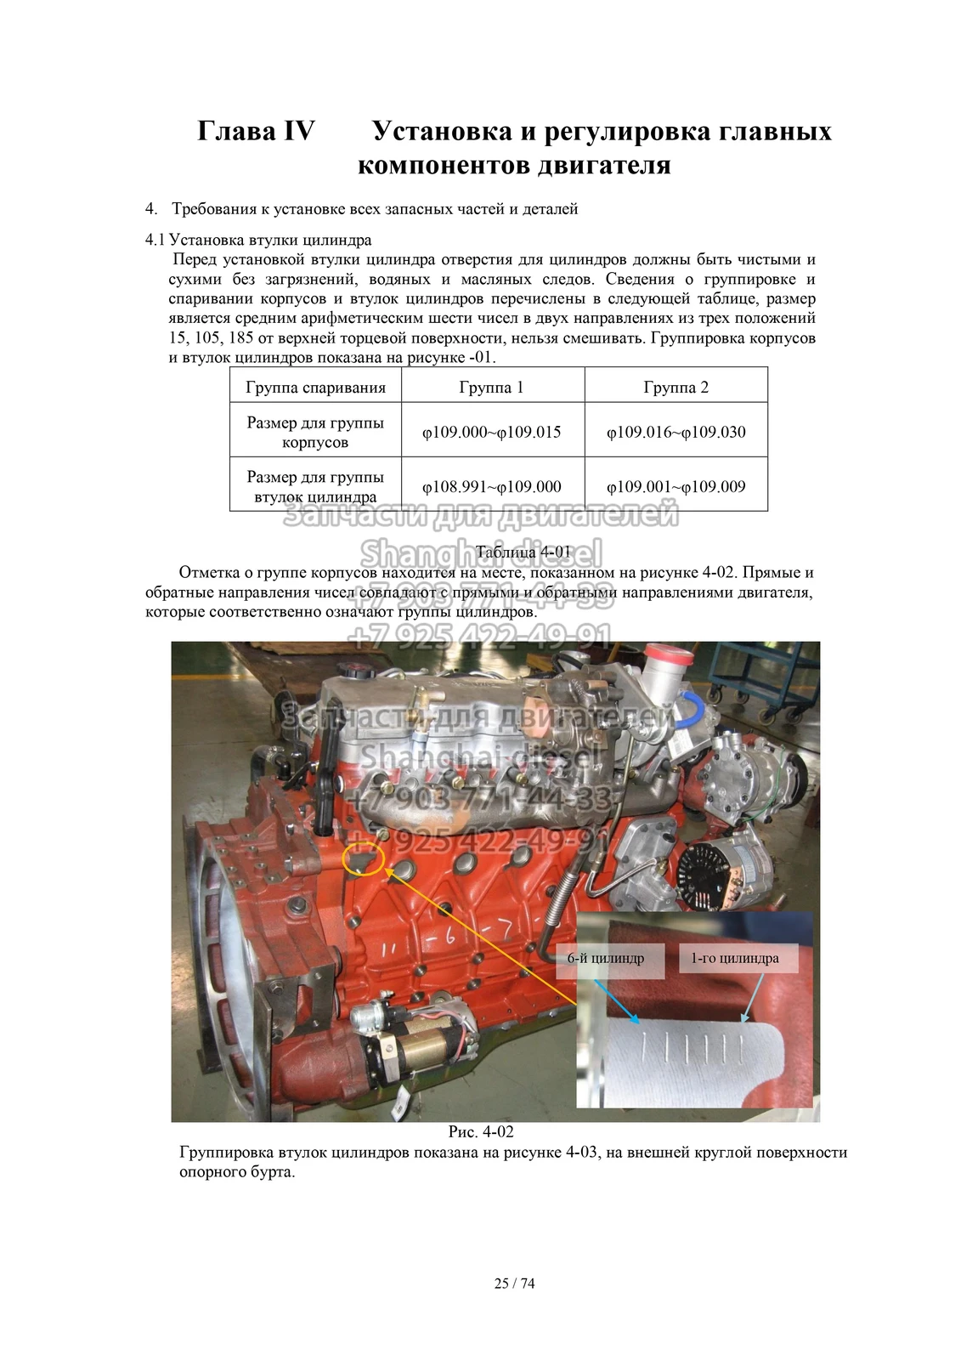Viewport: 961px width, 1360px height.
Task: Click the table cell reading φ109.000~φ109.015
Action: (x=492, y=432)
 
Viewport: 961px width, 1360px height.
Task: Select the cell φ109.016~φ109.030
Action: (x=676, y=432)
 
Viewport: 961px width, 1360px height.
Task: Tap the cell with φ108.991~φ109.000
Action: (x=492, y=487)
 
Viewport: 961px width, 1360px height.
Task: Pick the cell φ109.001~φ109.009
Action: (x=676, y=487)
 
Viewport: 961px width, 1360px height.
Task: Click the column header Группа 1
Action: (x=492, y=388)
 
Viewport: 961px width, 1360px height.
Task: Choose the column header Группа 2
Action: (x=676, y=388)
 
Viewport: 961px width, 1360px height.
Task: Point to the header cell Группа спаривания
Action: (x=315, y=388)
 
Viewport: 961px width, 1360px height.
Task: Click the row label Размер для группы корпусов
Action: (x=315, y=432)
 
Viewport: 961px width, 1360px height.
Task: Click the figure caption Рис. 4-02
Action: (x=481, y=1131)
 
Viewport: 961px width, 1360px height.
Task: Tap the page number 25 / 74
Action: (x=515, y=1283)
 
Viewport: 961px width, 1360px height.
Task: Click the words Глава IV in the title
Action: (x=256, y=132)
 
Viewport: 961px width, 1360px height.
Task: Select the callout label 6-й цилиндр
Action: (x=606, y=959)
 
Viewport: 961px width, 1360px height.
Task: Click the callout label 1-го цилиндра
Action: (x=735, y=959)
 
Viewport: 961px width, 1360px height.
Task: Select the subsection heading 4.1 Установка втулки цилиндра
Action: (x=259, y=240)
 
